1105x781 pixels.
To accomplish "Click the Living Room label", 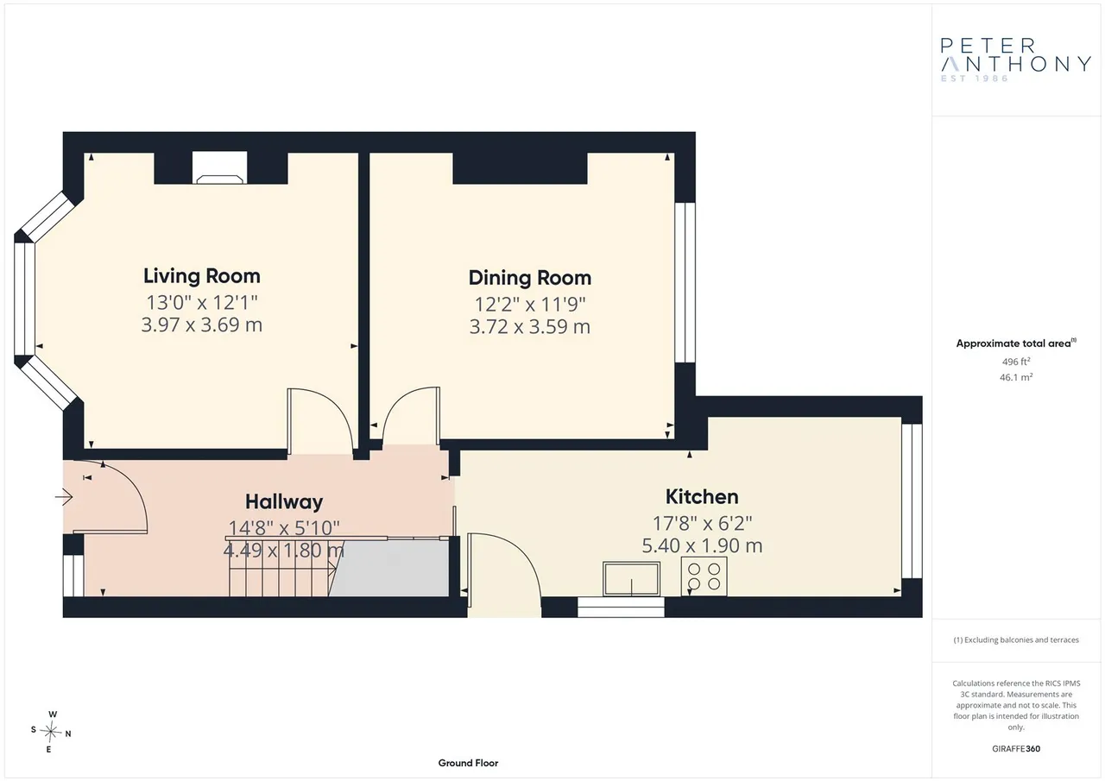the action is [202, 276].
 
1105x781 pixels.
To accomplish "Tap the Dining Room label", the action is [530, 278].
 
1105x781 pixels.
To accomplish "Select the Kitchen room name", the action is [702, 496].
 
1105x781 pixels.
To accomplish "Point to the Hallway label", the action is [284, 502].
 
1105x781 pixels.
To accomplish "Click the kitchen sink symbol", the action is [631, 579].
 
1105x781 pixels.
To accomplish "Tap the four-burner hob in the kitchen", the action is [704, 576].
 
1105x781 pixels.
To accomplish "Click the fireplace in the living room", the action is [219, 167].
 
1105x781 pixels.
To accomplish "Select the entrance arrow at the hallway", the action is [64, 497].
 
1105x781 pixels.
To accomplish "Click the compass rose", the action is [51, 732].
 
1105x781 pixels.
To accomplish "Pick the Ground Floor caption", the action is [468, 763].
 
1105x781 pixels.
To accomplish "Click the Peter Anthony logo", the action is [1015, 60].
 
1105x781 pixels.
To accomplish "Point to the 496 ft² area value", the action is [1016, 362].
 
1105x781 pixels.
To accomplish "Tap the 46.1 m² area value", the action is [1016, 377].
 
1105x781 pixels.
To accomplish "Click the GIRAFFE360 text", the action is [1016, 748].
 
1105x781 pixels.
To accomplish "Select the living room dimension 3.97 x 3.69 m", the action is [202, 325].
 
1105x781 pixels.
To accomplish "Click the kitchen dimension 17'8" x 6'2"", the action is [702, 523].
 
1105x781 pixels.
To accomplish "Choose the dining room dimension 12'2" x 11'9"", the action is [530, 305].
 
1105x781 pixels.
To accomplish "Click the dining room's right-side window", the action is [685, 282].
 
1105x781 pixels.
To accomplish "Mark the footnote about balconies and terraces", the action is [1016, 640].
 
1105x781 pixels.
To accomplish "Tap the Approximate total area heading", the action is [1016, 343].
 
